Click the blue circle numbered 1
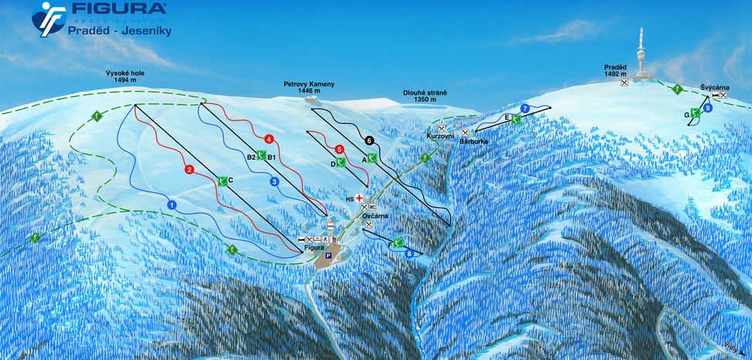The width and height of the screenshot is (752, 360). [x=171, y=205]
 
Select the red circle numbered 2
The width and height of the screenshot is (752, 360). [x=189, y=169]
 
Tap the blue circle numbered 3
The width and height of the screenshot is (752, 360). [x=273, y=182]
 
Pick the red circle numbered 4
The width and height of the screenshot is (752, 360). [x=268, y=139]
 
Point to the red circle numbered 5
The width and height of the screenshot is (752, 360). [x=339, y=149]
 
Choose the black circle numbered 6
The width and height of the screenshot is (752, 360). [x=369, y=141]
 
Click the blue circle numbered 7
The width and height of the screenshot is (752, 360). [x=525, y=108]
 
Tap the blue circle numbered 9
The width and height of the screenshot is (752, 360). [x=707, y=109]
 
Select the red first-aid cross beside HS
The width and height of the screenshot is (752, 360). [x=359, y=198]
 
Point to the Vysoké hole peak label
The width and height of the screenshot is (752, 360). [x=126, y=76]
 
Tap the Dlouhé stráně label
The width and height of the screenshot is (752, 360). [x=425, y=97]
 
